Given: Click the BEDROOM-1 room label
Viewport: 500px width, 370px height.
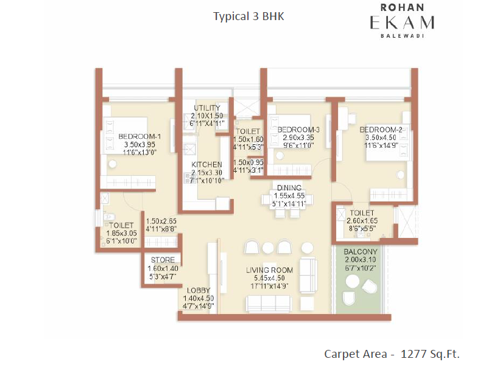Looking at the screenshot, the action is pos(139,136).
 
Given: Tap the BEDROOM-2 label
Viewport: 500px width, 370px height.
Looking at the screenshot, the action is pos(381,130).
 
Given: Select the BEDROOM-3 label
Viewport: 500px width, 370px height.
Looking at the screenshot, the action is pos(298,130).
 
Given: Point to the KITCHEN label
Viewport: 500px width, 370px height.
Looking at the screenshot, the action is pos(206,165).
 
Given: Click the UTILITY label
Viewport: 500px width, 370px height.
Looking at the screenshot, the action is pos(207,108).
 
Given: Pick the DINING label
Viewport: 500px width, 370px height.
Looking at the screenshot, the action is pos(289,187).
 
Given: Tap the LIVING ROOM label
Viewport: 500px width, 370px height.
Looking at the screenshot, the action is pos(269,270).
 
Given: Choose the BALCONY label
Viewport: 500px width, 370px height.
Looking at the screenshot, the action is pos(361,252).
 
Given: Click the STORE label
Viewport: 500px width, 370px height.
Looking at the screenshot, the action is pos(163,260).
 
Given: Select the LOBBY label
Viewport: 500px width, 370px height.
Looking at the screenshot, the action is pos(199,290).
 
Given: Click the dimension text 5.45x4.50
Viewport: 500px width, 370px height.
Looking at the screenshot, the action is pos(269,278).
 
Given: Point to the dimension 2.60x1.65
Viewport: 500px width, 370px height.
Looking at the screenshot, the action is pos(362,220).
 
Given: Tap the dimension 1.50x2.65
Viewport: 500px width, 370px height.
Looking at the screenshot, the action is pos(161,221).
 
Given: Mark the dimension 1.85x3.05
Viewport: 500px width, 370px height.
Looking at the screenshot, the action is pos(121,233).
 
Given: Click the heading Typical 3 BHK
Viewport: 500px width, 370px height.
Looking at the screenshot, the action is pos(248,16).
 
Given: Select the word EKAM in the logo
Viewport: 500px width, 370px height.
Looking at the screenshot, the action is pos(402,23).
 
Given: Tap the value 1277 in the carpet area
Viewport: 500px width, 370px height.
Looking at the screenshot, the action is pos(414,354).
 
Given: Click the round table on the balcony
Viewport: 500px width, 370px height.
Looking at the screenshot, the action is pos(353,282).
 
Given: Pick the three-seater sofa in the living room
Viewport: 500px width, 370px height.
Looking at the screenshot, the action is pos(269,304).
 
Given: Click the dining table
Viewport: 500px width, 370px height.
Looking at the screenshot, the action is pos(287,200).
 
